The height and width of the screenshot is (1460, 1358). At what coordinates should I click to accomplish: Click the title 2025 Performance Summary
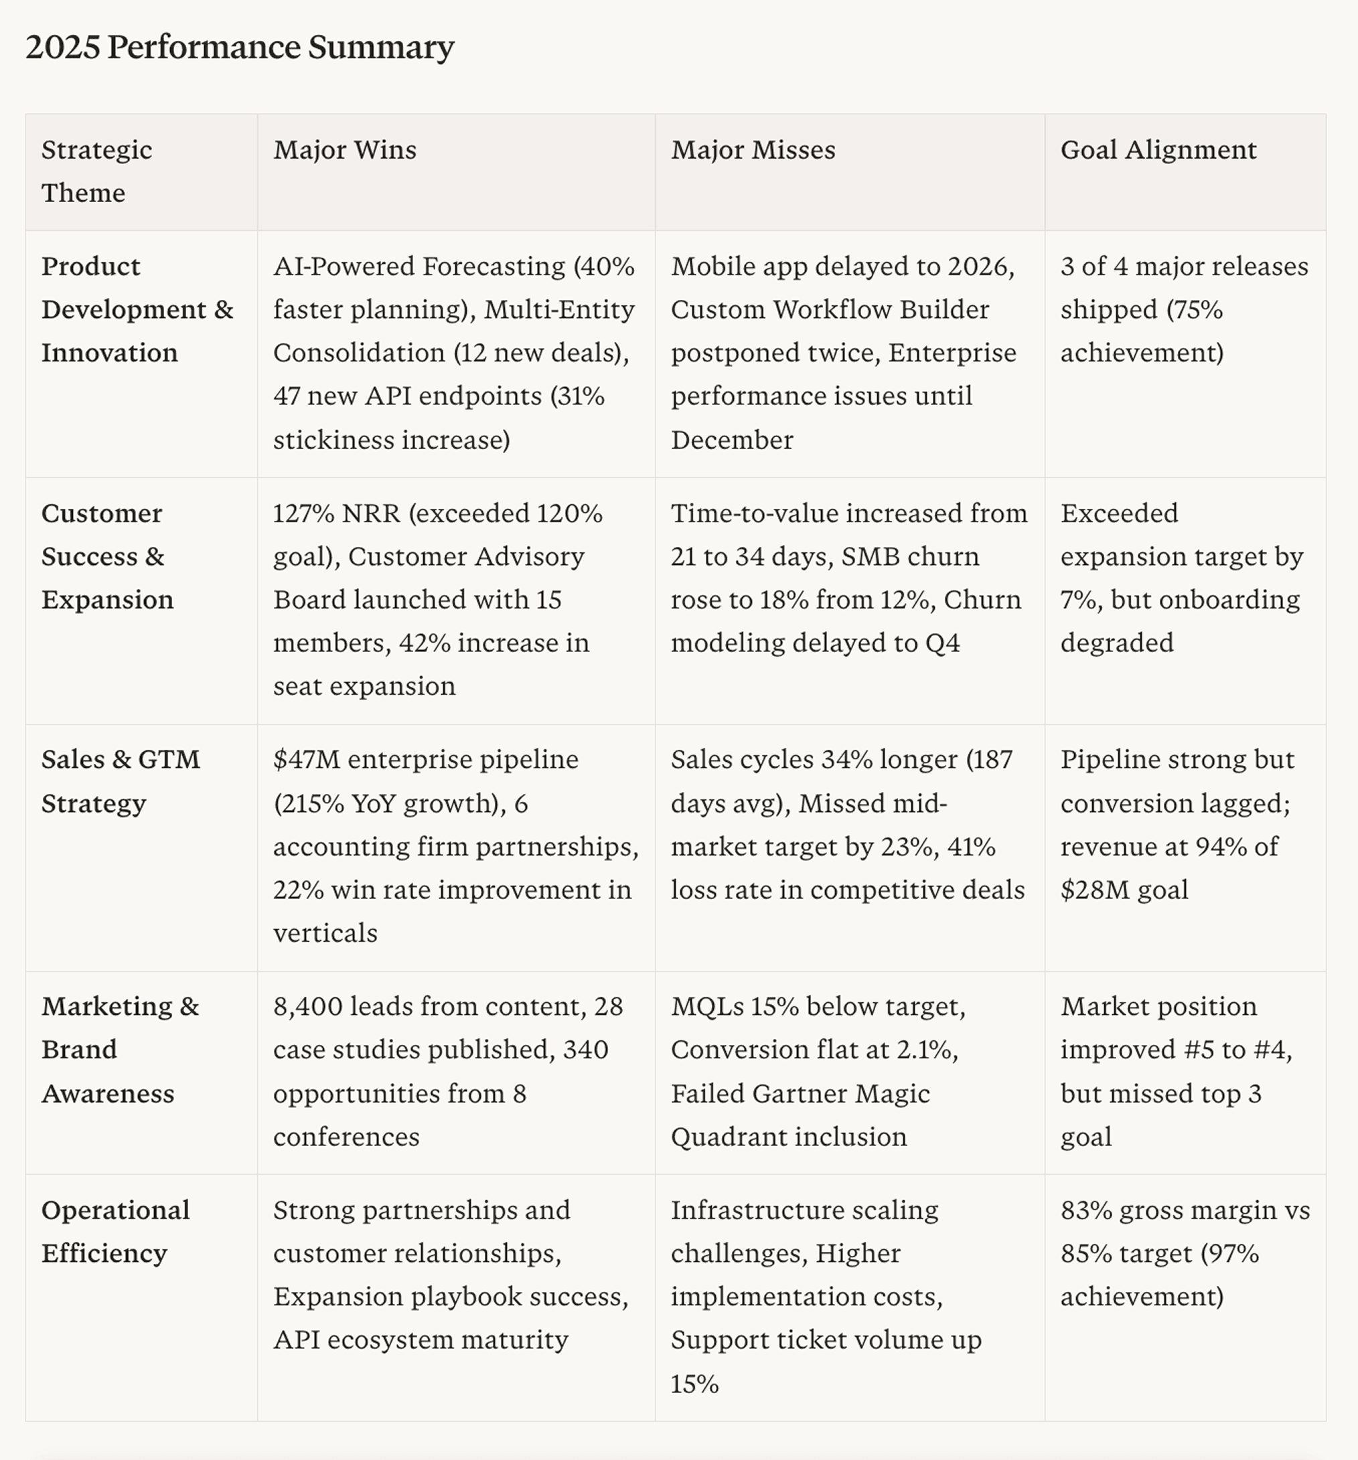pos(240,47)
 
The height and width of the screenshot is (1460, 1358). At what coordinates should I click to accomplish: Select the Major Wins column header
pos(344,150)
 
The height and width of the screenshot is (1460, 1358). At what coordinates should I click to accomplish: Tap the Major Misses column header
pos(753,150)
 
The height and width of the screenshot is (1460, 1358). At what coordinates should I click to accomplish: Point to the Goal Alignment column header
pos(1158,150)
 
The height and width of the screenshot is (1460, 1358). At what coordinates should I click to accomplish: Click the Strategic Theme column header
pos(96,171)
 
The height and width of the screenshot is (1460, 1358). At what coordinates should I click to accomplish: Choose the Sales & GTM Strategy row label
pos(121,781)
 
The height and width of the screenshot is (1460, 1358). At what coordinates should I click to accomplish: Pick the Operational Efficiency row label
pos(115,1232)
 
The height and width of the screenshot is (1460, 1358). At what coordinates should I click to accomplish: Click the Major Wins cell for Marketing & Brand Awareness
pos(448,1071)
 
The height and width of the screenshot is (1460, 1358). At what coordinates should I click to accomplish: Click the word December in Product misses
pos(731,440)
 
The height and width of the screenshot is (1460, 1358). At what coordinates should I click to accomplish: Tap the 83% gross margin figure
pos(1086,1210)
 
